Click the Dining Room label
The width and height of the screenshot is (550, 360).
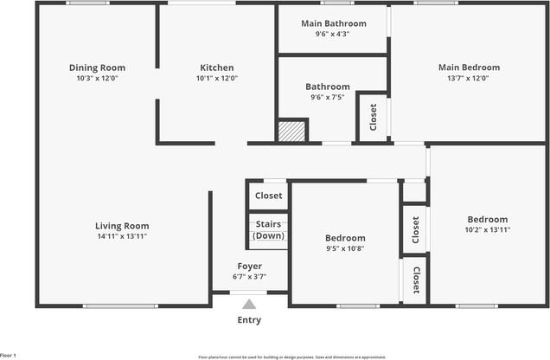[x=97, y=67]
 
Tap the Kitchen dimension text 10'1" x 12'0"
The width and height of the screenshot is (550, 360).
[x=217, y=78]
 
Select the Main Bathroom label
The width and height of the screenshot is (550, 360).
[x=333, y=23]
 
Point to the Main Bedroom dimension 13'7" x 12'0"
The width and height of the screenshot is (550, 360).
[x=469, y=78]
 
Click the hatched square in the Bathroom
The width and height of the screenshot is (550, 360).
[x=291, y=132]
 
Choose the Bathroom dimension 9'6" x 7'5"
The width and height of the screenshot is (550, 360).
[x=327, y=97]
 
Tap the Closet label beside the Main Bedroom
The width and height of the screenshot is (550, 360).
[x=373, y=116]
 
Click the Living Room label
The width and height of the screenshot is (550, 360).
[x=122, y=226]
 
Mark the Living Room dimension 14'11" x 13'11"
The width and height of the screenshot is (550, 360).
[x=122, y=236]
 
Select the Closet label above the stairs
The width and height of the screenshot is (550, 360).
[x=268, y=196]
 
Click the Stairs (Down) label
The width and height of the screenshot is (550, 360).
[x=268, y=230]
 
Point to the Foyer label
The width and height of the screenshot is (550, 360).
[x=249, y=266]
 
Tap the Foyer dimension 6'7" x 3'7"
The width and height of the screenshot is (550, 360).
[x=249, y=277]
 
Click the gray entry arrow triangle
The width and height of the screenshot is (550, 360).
[x=249, y=304]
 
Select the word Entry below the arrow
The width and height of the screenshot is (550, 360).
[x=249, y=320]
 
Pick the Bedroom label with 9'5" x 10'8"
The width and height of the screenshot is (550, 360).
[x=345, y=238]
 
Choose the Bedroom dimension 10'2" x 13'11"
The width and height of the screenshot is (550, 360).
[x=488, y=230]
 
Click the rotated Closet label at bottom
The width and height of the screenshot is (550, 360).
[x=416, y=280]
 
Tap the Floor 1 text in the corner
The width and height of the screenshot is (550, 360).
[x=9, y=355]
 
